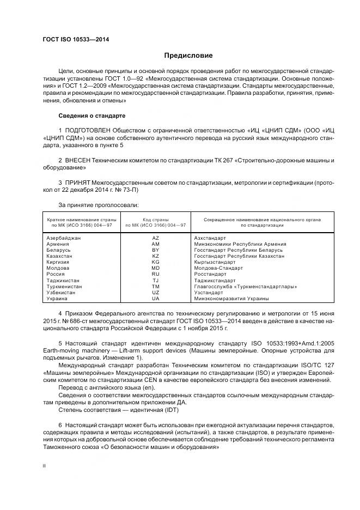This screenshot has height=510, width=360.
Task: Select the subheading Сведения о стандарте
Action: [x=92, y=116]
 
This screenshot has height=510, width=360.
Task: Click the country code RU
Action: [x=155, y=274]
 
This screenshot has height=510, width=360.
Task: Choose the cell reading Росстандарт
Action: [x=210, y=274]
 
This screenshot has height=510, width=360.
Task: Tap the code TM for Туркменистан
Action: [x=155, y=287]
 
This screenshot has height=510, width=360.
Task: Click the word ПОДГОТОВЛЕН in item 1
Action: [x=88, y=131]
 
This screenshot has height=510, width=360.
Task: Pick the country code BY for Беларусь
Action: [x=155, y=250]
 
